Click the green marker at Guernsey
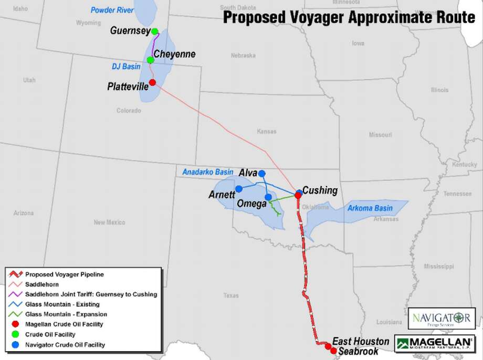[x=155, y=31]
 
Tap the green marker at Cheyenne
[x=150, y=59]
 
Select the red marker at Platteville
[x=152, y=82]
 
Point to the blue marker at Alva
[x=262, y=173]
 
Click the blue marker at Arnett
[x=239, y=188]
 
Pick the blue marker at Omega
[x=268, y=197]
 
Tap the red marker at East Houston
[x=328, y=346]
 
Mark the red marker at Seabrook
[x=333, y=351]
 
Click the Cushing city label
[x=320, y=190]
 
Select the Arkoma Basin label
[x=370, y=208]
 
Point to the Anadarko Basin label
[x=207, y=172]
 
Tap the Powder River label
[x=112, y=10]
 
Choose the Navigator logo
[x=442, y=319]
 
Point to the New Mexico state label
[x=109, y=223]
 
